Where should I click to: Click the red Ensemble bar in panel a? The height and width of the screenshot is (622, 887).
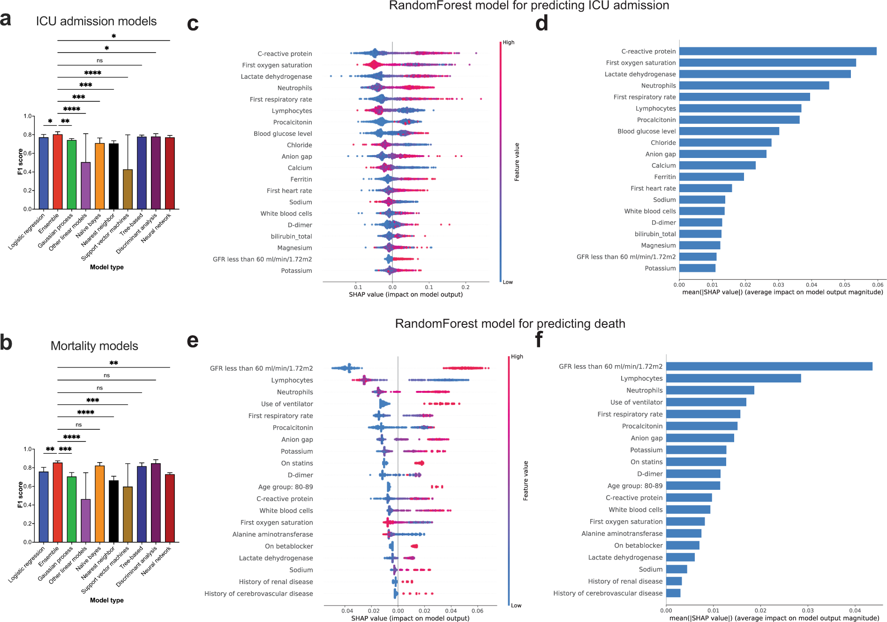click(58, 172)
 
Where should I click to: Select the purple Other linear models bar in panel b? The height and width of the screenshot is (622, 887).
click(86, 520)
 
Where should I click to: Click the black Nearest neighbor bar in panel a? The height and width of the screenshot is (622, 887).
click(113, 176)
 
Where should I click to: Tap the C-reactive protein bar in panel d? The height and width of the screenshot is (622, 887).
click(777, 51)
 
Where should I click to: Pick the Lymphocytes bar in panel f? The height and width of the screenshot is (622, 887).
click(733, 378)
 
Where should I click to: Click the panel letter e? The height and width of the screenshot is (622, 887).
click(193, 341)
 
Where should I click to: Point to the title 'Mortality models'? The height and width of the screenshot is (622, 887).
click(94, 346)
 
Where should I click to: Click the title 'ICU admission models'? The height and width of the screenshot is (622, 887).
click(96, 21)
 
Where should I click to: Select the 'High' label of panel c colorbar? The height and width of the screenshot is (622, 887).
click(509, 42)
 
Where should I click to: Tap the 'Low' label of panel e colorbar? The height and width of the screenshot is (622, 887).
click(516, 606)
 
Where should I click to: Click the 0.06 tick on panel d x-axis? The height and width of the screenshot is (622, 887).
click(878, 285)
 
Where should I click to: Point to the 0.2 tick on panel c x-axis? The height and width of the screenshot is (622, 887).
click(465, 287)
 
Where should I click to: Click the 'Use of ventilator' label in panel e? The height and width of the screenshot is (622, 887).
click(287, 404)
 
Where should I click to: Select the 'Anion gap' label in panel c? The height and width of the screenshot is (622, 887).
click(296, 157)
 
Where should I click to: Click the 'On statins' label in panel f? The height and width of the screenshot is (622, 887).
click(646, 462)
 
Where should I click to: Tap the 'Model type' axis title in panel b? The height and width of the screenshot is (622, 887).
click(107, 600)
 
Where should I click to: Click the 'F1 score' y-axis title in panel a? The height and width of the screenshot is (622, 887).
click(20, 162)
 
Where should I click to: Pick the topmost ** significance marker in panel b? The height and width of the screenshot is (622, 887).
click(113, 363)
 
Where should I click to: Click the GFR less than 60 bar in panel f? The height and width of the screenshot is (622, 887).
click(769, 366)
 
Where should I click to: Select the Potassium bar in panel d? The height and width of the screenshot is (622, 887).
click(697, 268)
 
